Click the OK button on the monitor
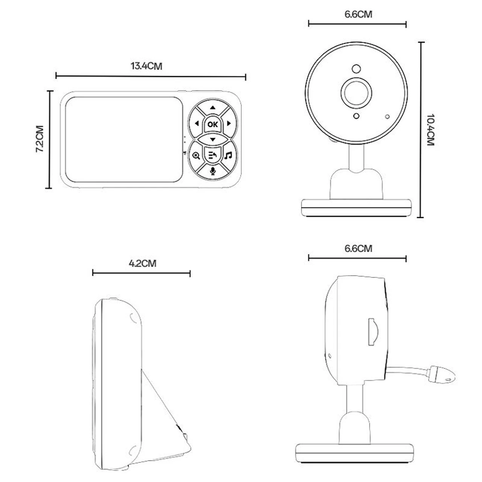click(213, 124)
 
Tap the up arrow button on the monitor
click(213, 108)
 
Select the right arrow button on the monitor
click(229, 123)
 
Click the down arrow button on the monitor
click(213, 139)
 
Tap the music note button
click(228, 155)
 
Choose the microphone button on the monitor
click(213, 171)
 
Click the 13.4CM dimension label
click(146, 66)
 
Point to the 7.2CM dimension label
click(40, 139)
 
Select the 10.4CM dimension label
click(430, 130)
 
